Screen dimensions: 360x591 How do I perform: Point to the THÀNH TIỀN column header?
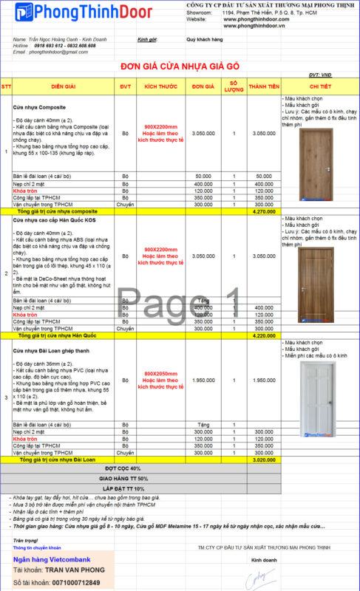pos(264,86)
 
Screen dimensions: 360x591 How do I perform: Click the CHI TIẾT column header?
pos(319,86)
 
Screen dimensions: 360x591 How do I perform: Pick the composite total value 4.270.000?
pos(264,211)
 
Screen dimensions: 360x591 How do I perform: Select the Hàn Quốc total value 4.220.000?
pos(264,335)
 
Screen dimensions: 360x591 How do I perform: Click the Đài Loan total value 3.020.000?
pos(264,460)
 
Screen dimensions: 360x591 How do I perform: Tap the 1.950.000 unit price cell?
pos(203,380)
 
